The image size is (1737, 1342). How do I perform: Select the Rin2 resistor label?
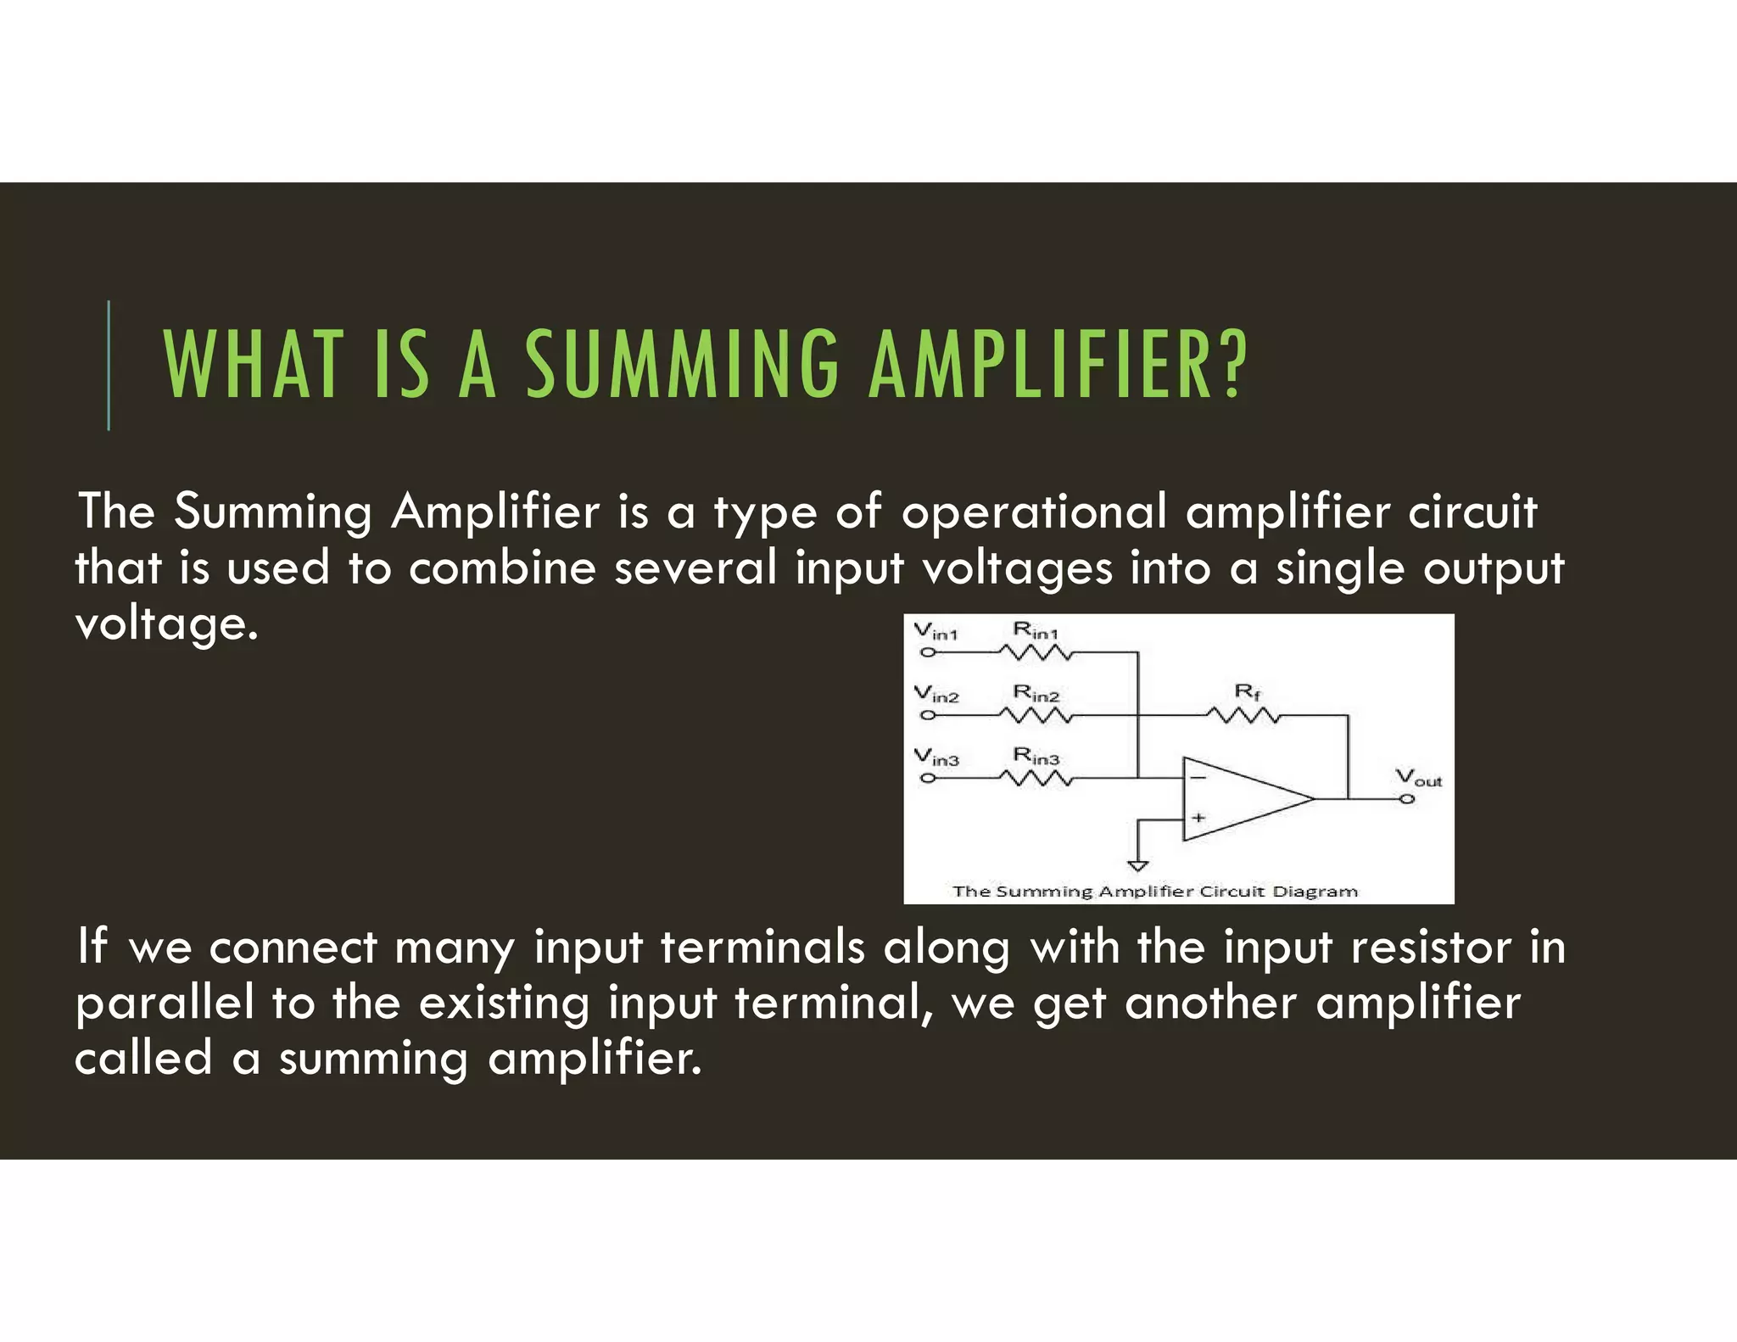tap(1036, 694)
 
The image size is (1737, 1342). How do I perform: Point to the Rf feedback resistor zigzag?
tap(1243, 716)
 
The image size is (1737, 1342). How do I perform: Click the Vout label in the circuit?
tap(1418, 777)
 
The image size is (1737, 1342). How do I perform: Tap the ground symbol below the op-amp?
tap(1138, 865)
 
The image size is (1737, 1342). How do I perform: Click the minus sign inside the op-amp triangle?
tap(1198, 777)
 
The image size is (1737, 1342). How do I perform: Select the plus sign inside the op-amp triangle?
tap(1198, 818)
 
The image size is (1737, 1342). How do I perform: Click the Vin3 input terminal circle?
tap(929, 778)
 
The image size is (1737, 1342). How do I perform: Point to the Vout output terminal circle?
tap(1407, 798)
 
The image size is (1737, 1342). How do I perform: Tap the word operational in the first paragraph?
tap(1034, 512)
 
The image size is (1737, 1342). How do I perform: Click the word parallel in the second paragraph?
tap(165, 1004)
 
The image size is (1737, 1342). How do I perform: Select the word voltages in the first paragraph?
tap(1017, 568)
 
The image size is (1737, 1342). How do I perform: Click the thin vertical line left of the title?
tap(109, 366)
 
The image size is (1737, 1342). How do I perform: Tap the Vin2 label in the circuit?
tap(936, 695)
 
